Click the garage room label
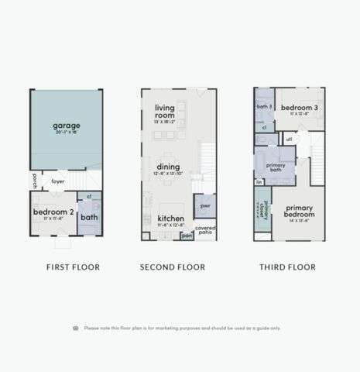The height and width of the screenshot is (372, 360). coord(66,126)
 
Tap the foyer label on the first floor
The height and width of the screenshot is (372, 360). coord(58,182)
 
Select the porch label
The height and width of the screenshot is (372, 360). coord(35,181)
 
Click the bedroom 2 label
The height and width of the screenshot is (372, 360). coord(53,211)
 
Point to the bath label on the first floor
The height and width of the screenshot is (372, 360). coord(89,218)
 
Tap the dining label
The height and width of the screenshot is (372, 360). coord(168,166)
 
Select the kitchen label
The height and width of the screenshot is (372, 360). coord(171,219)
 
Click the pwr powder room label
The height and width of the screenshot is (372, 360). coord(204,206)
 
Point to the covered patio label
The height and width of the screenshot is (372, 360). coord(205,229)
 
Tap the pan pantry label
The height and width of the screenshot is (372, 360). coord(187,235)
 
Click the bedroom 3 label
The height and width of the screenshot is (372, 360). coord(295,108)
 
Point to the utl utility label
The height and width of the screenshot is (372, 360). coord(289,139)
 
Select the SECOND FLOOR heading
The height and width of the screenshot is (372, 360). coord(172,267)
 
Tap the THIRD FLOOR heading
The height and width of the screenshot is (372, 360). coord(288,267)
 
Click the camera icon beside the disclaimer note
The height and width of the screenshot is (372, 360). coord(76,328)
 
